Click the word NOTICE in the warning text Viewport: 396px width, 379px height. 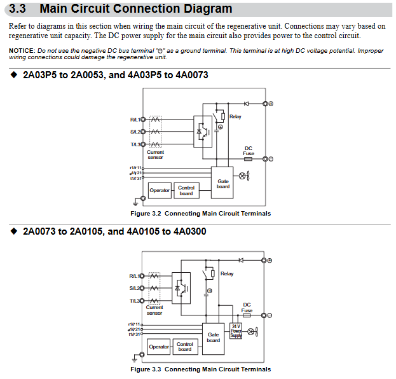[x=22, y=50]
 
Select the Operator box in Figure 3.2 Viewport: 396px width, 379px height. [x=160, y=190]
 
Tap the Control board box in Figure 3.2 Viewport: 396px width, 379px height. [x=186, y=190]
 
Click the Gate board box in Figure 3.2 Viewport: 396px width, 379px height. [x=223, y=184]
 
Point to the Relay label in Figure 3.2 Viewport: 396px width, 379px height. [x=235, y=116]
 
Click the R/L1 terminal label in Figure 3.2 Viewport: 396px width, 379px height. [x=134, y=120]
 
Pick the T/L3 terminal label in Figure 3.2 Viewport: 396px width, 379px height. [x=134, y=144]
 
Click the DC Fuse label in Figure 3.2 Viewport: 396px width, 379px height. [x=249, y=151]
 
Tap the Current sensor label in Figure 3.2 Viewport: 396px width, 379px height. [x=155, y=155]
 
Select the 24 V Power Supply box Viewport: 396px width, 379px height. [x=236, y=331]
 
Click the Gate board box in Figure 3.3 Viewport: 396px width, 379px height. [x=214, y=337]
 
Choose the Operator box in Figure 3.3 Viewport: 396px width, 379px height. [x=159, y=347]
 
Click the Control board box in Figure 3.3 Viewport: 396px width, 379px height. [x=185, y=347]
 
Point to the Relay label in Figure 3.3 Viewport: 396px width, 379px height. [x=227, y=274]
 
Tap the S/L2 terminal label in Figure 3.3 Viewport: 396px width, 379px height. [x=134, y=288]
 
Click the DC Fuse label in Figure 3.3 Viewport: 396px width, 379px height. [x=247, y=308]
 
